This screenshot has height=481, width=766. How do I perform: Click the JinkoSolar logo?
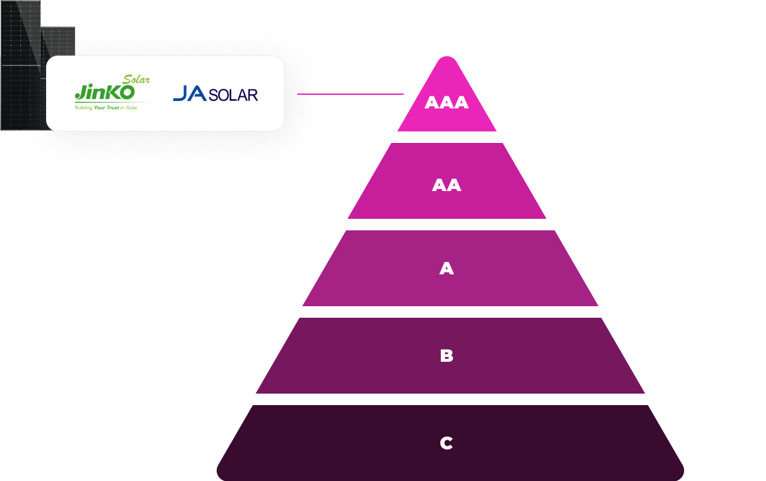[112, 93]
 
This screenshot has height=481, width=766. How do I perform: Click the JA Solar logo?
[215, 93]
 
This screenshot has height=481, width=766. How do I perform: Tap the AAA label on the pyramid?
[446, 103]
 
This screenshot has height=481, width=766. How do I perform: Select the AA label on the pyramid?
[446, 186]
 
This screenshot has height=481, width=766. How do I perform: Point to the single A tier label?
[446, 269]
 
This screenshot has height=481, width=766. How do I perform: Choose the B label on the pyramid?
[446, 356]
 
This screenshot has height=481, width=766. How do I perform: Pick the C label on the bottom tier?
[446, 443]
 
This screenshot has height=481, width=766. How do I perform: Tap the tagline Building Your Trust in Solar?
[106, 108]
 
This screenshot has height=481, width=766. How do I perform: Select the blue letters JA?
[190, 93]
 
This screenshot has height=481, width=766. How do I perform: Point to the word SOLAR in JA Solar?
[233, 95]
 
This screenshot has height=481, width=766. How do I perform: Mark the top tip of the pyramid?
[444, 58]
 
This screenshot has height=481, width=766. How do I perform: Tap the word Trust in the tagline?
[116, 108]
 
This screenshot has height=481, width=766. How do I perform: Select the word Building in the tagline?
[84, 108]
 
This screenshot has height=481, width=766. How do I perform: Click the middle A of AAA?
[446, 103]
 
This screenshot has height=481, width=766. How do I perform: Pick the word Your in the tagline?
[101, 108]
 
